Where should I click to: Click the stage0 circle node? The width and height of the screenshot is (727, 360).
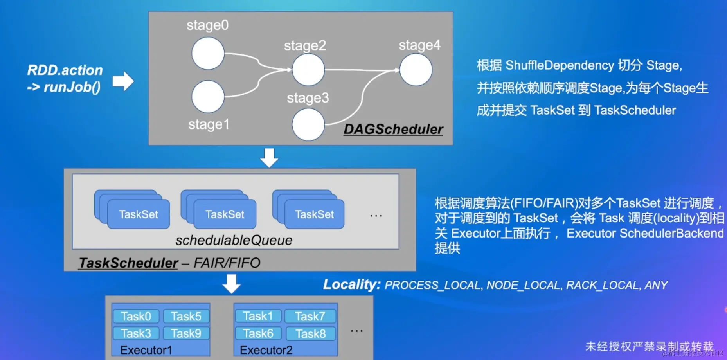pyautogui.click(x=208, y=53)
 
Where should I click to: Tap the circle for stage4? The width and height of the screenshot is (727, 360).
pyautogui.click(x=416, y=70)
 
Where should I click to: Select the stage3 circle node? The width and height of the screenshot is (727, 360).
pyautogui.click(x=308, y=124)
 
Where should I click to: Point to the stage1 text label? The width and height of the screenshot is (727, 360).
pyautogui.click(x=209, y=124)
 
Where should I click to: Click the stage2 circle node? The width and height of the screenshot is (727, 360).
pyautogui.click(x=308, y=70)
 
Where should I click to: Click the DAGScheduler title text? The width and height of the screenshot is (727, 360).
pyautogui.click(x=393, y=130)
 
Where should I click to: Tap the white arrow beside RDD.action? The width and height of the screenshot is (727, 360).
pyautogui.click(x=123, y=81)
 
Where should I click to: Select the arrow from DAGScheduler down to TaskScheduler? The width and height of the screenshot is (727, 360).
pyautogui.click(x=269, y=157)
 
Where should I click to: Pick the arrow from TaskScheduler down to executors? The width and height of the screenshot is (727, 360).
pyautogui.click(x=231, y=284)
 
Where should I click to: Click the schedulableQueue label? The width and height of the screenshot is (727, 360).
pyautogui.click(x=234, y=240)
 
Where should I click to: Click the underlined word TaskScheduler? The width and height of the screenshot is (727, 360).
pyautogui.click(x=128, y=263)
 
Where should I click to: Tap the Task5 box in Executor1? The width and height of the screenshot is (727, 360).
pyautogui.click(x=186, y=316)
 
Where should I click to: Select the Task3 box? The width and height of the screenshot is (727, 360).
pyautogui.click(x=136, y=333)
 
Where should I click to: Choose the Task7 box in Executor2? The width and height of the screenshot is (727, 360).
pyautogui.click(x=310, y=316)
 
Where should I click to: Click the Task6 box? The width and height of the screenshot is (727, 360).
pyautogui.click(x=258, y=333)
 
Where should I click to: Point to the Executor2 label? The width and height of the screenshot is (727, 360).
pyautogui.click(x=266, y=350)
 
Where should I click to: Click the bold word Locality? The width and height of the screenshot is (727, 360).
pyautogui.click(x=351, y=284)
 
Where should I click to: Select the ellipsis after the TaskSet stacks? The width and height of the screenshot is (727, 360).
pyautogui.click(x=376, y=216)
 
